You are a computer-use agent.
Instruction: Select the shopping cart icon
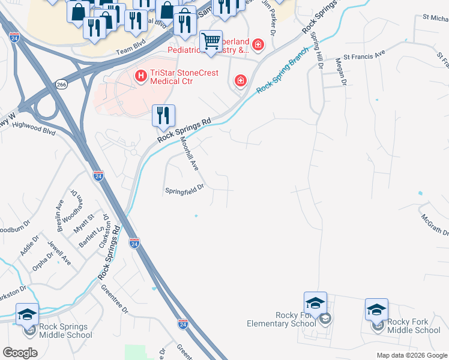pos(211,42)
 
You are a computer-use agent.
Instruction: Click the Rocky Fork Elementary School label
pos(281,319)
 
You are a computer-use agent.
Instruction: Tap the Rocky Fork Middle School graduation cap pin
pos(376,310)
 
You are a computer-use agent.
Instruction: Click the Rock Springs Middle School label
pos(64,331)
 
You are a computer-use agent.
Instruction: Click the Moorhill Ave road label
pos(189,154)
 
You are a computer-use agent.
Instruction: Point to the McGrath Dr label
pos(435,224)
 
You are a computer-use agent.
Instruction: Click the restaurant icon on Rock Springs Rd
pos(163,115)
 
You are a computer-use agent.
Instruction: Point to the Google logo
pos(20,352)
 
